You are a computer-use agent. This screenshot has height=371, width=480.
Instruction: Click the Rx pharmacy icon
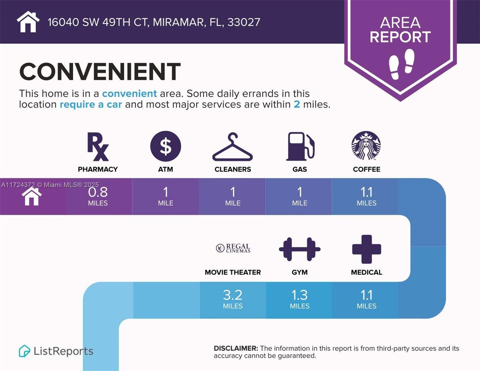tap(98, 147)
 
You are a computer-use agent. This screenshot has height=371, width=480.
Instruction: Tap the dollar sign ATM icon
tap(166, 146)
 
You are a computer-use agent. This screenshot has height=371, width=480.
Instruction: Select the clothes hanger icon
tap(233, 147)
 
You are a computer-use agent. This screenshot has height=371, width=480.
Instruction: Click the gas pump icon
tap(300, 147)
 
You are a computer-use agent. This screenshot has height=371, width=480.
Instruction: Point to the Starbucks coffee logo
tap(366, 145)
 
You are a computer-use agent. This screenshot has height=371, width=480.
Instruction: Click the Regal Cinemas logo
tap(233, 248)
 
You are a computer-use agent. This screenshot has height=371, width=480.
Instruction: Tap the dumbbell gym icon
tap(300, 249)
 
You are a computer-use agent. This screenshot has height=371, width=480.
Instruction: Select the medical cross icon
tap(367, 249)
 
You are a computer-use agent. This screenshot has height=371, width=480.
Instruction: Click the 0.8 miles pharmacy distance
tap(98, 196)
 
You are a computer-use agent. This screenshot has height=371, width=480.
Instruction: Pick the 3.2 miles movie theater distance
tap(233, 299)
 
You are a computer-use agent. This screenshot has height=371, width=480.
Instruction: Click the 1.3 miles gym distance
tap(300, 299)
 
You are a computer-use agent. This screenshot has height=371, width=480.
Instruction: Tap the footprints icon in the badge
tap(401, 64)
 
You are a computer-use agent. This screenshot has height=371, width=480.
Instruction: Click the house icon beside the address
tap(28, 22)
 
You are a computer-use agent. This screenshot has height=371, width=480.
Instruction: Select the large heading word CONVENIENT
tap(100, 71)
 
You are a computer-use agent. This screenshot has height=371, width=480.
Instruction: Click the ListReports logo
tap(56, 351)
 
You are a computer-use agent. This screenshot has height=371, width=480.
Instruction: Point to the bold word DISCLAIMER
tap(236, 348)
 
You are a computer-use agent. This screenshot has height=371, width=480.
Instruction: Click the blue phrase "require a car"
tap(91, 104)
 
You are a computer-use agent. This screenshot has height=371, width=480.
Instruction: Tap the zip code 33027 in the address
tap(244, 22)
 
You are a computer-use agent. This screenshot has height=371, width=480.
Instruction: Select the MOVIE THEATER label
tap(233, 272)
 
